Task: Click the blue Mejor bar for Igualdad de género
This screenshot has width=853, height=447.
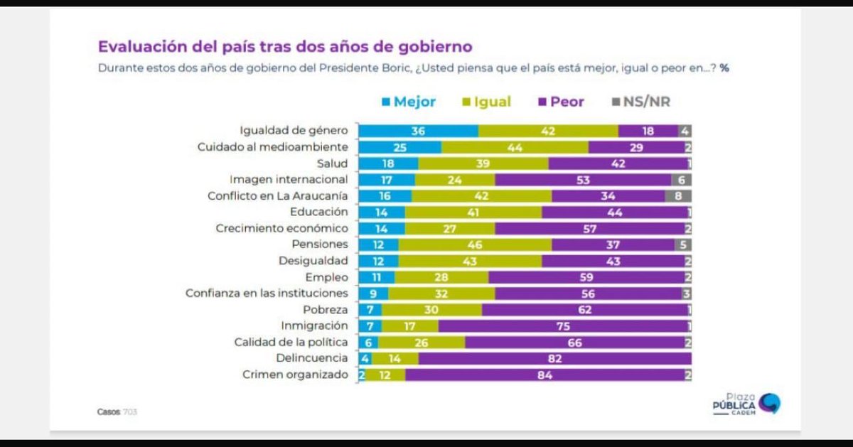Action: coord(419,131)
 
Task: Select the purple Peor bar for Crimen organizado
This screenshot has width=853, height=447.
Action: coord(545,375)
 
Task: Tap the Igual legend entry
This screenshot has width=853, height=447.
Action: coord(486,102)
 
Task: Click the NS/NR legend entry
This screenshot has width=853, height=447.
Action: coord(641,102)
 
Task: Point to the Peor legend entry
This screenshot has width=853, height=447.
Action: coord(561,102)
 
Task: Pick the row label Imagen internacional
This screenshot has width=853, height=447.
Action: coord(289,179)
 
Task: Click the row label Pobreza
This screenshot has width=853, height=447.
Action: coord(326,310)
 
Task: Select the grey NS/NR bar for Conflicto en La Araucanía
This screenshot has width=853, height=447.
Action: coord(678,196)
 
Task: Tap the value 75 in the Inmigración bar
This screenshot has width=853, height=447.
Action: coord(563,326)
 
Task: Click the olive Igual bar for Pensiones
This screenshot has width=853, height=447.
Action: coord(475,245)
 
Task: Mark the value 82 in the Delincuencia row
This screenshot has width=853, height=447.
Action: coord(555,359)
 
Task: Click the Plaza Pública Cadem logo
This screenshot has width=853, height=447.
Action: coord(746,404)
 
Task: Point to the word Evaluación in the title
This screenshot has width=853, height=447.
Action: coord(143,47)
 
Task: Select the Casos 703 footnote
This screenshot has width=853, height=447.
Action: coord(117,412)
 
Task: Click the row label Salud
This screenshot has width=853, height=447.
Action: coord(332,163)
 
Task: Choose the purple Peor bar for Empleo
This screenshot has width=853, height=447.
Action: coord(587,277)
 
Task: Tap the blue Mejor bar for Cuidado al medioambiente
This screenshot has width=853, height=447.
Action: coord(400,147)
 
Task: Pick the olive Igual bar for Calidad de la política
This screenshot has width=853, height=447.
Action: coord(422,343)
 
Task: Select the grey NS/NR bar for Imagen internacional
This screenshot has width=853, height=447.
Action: coord(682,180)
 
